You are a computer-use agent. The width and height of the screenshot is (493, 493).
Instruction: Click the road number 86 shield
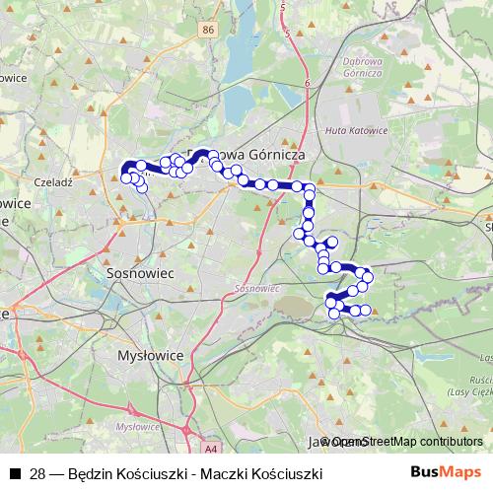point(206,31)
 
